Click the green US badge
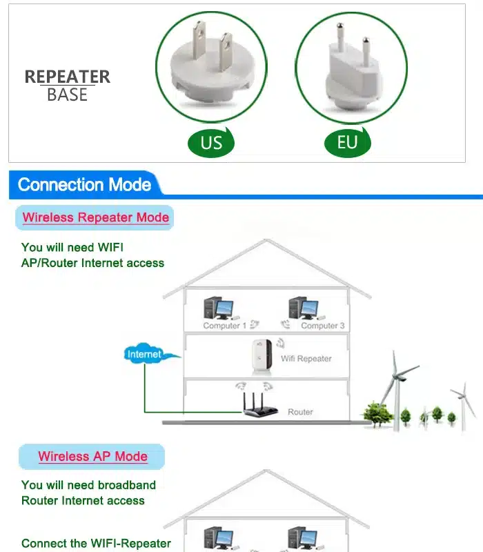[x=211, y=143]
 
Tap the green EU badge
[x=348, y=142]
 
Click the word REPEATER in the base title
[x=68, y=77]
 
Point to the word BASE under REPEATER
[x=68, y=95]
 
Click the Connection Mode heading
[x=84, y=185]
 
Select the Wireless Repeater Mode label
[x=95, y=217]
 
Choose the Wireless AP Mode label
[x=92, y=456]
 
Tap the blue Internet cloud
[x=145, y=355]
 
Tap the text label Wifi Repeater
[x=306, y=359]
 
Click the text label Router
[x=300, y=412]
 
